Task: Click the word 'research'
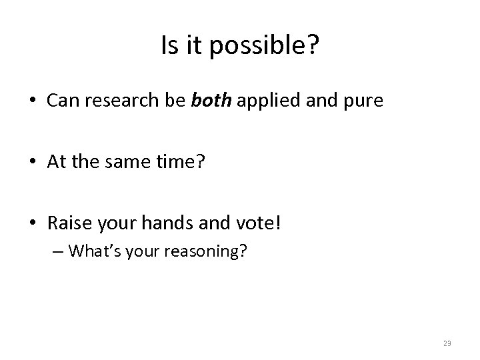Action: (123, 101)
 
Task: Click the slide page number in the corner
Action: (446, 343)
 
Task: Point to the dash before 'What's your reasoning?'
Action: (59, 252)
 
